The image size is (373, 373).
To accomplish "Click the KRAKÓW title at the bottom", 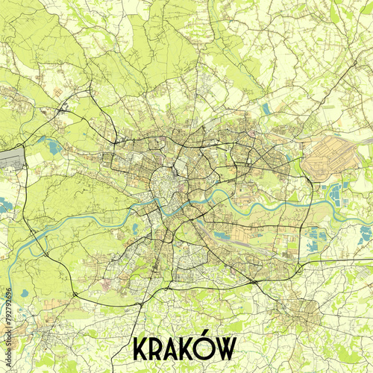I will (x=184, y=348).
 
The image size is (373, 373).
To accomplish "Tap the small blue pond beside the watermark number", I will (x=24, y=293).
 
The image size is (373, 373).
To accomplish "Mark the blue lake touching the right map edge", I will (x=366, y=233).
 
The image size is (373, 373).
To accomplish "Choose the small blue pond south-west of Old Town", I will (x=134, y=228).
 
